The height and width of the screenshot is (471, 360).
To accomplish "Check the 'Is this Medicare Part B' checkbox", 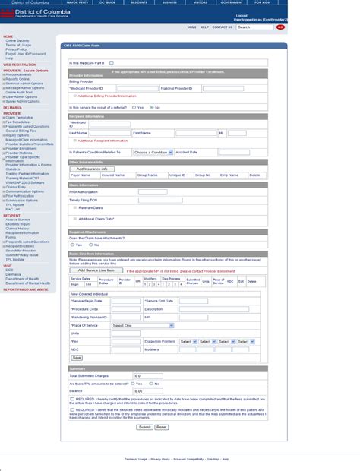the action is (x=112, y=62).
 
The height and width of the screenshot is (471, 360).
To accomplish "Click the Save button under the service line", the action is (x=77, y=357).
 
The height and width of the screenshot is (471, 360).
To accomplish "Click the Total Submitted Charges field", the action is (x=149, y=376).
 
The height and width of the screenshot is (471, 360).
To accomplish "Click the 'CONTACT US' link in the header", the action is (x=223, y=27).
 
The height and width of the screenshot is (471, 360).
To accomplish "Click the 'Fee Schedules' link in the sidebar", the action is (x=21, y=122).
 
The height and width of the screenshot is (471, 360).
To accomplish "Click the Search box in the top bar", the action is (x=254, y=27).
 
